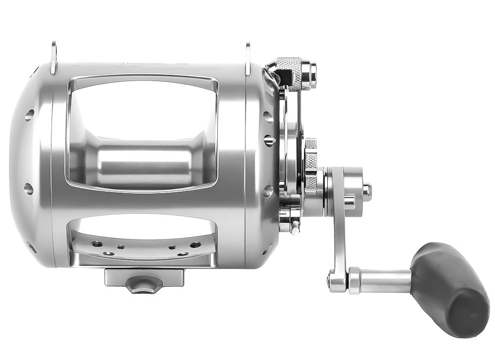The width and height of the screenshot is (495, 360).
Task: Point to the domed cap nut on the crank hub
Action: [x=366, y=189]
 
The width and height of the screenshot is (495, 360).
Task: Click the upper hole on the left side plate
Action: [x=29, y=115]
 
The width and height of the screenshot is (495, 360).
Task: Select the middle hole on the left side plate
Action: [x=28, y=188]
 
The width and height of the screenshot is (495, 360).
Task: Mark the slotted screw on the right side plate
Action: [x=269, y=141]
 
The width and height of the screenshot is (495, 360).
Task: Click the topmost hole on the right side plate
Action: [x=268, y=117]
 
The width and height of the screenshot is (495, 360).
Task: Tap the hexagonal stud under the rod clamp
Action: [x=140, y=285]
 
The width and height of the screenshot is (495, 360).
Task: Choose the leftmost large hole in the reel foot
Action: [x=97, y=244]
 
